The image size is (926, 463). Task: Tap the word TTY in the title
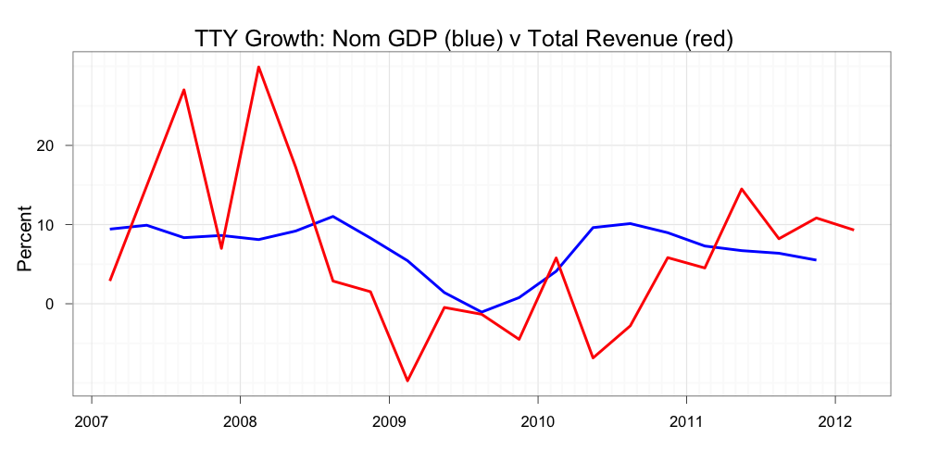coord(215,39)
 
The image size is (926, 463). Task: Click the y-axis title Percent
coord(25,238)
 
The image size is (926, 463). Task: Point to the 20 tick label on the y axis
coord(46,145)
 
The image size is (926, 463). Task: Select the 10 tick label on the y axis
coord(46,225)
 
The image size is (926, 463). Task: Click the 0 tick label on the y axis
coord(51,304)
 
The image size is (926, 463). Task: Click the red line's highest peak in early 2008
coord(258,67)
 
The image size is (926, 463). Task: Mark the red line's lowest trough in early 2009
coord(407,381)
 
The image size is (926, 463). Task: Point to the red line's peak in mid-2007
coord(184,90)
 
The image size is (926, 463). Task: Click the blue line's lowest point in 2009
coord(482,312)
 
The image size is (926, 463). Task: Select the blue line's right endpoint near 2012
coord(816,260)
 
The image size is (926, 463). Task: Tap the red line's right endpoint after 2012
coord(853,230)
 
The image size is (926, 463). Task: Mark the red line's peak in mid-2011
coord(742,189)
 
